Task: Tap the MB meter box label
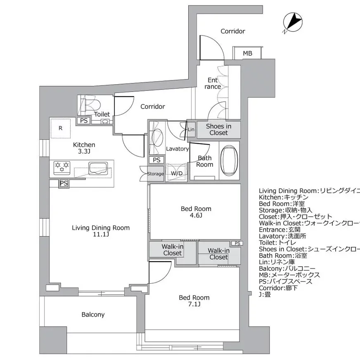(247, 54)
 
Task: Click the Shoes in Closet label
(218, 130)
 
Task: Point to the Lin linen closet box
(191, 130)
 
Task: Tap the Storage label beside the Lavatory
(155, 174)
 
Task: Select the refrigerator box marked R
(60, 128)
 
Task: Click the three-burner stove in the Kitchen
(62, 167)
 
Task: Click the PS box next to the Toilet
(84, 121)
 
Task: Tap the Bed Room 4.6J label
(196, 212)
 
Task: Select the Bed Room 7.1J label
(194, 301)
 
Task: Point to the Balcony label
(93, 315)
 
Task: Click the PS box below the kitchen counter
(64, 183)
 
